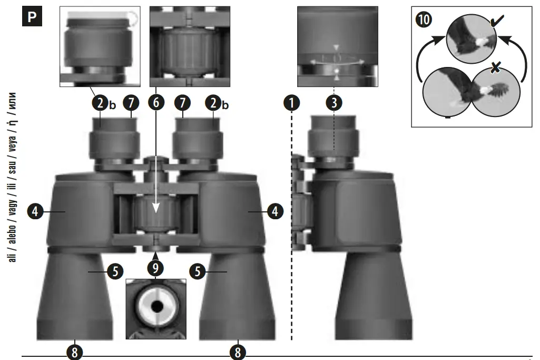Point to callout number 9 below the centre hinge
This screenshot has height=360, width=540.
[155, 268]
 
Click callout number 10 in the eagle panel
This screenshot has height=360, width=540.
[424, 20]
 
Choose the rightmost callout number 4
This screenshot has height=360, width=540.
[274, 212]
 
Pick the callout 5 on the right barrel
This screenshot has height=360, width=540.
[197, 271]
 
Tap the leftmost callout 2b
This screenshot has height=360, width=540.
[100, 103]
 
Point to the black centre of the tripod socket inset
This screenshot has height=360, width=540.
[156, 306]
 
